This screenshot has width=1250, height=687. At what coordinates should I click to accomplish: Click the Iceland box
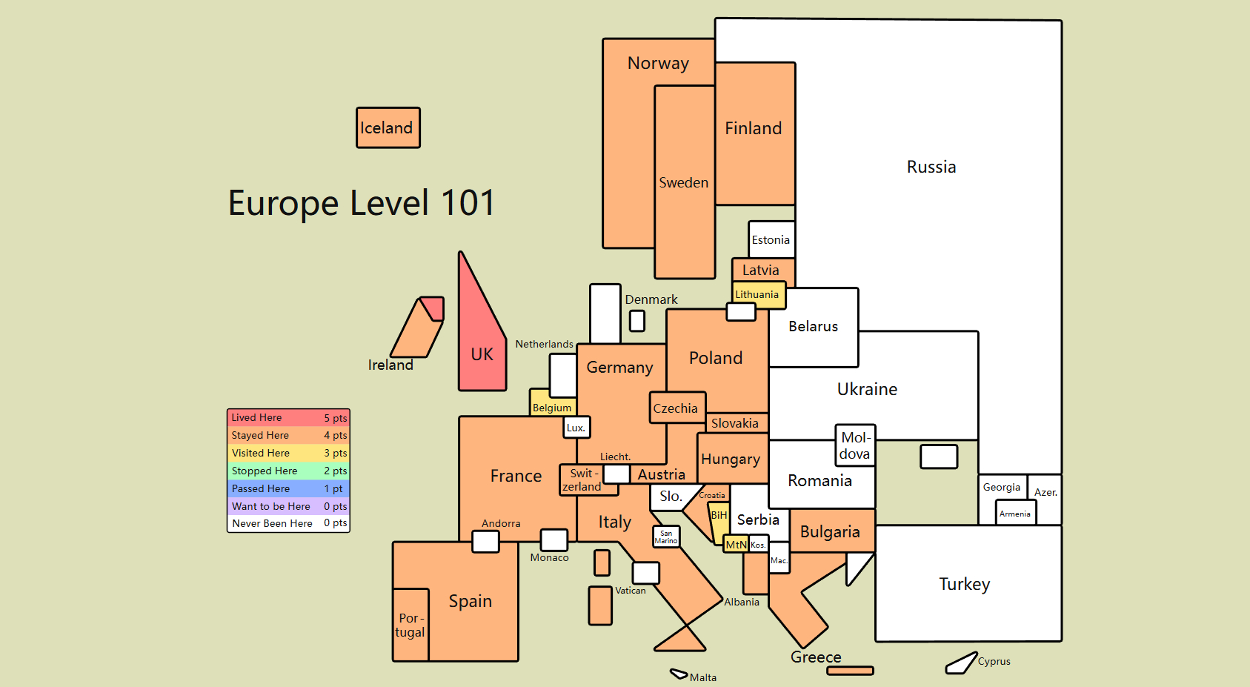(x=388, y=127)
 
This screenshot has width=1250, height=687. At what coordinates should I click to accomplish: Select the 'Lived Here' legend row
(x=288, y=417)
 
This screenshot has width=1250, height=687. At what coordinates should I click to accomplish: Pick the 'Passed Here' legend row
(x=288, y=488)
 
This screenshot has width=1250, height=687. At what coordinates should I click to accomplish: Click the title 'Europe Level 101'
(x=362, y=202)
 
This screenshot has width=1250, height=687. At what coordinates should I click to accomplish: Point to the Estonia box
(x=772, y=239)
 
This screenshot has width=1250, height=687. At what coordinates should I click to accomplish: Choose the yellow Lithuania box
(x=759, y=294)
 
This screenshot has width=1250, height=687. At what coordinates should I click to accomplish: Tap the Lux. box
(x=576, y=428)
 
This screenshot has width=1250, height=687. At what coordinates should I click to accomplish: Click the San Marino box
(x=666, y=537)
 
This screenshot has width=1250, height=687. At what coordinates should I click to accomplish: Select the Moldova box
(x=856, y=445)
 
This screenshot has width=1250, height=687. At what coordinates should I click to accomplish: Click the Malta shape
(x=679, y=674)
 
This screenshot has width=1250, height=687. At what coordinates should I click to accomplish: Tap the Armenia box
(x=1016, y=513)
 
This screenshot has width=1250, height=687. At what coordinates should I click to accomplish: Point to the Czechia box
(x=677, y=408)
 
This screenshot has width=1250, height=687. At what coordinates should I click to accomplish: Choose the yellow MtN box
(x=736, y=544)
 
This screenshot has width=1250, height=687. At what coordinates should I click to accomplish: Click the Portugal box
(x=410, y=625)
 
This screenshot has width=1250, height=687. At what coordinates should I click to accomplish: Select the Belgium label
(x=552, y=408)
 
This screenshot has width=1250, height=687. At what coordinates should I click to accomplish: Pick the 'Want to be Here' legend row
(x=288, y=506)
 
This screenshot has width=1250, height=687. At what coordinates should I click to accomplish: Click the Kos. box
(x=758, y=544)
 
